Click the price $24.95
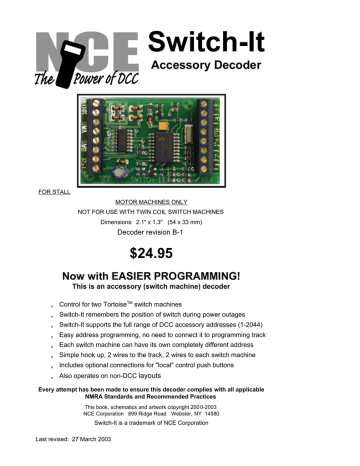point(179,254)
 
